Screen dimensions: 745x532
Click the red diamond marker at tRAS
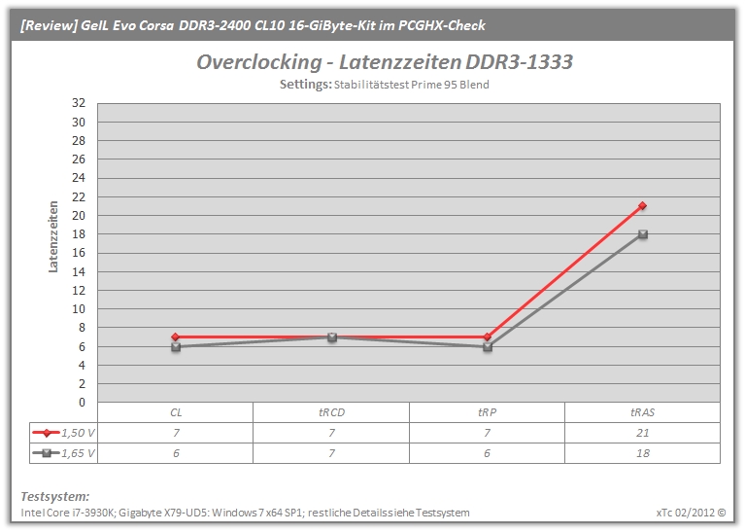click(642, 205)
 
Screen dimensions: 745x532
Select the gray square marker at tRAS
click(643, 234)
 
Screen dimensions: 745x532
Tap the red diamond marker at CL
click(175, 337)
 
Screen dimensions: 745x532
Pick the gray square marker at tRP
click(488, 347)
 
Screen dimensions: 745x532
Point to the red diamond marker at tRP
click(488, 337)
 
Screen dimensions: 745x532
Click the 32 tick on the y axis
click(79, 103)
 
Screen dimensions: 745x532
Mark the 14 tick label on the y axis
click(79, 271)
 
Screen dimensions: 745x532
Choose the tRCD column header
click(331, 412)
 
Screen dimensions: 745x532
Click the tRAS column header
click(642, 412)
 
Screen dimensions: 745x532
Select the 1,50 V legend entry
click(64, 433)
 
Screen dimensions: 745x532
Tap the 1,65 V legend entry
click(64, 453)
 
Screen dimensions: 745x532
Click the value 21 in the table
click(642, 433)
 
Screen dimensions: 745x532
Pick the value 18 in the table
click(642, 453)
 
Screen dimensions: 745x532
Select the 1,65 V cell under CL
click(176, 453)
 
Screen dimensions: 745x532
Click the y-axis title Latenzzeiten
click(53, 236)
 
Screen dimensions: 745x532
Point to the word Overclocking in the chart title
click(259, 62)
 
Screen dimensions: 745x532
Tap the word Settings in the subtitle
click(306, 85)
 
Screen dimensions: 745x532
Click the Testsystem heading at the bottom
click(55, 496)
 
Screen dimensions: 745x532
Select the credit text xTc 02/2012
click(686, 513)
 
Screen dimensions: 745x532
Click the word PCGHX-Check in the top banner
click(441, 25)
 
